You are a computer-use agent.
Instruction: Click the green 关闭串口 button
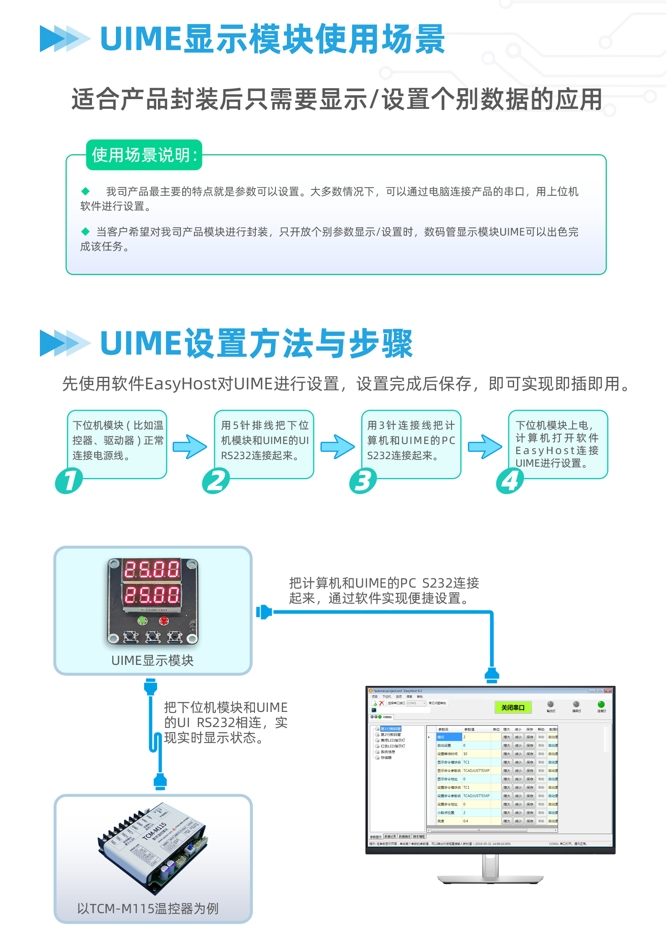[513, 708]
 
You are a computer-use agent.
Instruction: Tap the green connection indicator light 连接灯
[601, 704]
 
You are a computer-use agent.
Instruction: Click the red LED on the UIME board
[163, 620]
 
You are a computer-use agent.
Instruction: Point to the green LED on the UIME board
[142, 620]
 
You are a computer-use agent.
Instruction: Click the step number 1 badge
[69, 481]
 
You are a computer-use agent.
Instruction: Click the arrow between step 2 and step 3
[338, 446]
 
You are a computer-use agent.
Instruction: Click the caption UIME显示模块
[152, 661]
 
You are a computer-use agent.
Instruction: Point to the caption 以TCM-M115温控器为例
[148, 908]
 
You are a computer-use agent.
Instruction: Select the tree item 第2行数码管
[391, 735]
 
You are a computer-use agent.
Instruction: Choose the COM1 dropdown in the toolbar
[416, 703]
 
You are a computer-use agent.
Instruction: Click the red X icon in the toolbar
[381, 703]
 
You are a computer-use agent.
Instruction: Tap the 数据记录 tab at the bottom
[390, 837]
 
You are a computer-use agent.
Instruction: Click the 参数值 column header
[469, 730]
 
